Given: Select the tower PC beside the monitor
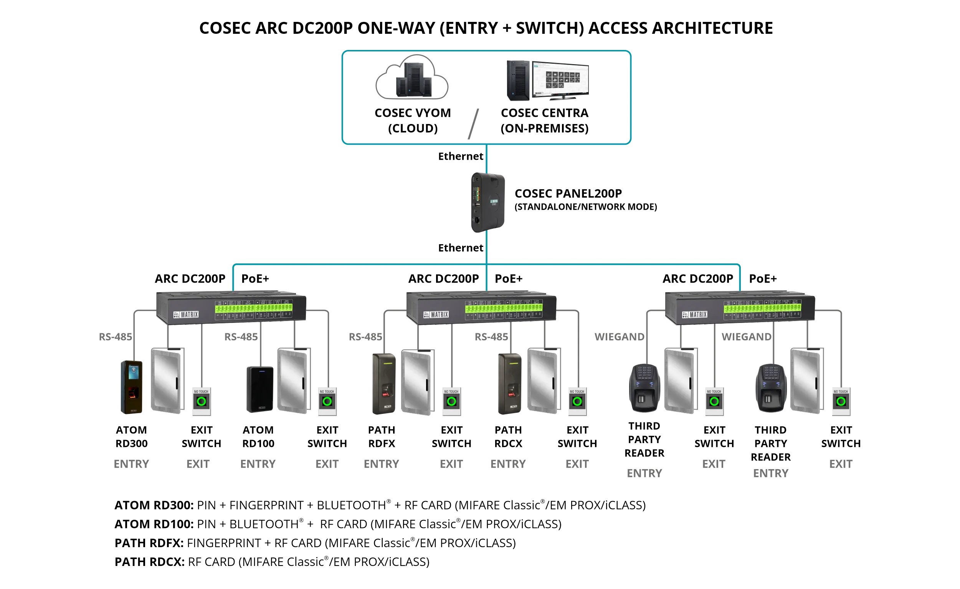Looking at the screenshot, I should [x=519, y=80].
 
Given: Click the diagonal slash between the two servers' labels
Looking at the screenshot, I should [x=474, y=124].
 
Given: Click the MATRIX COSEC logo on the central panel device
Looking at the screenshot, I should [x=494, y=202].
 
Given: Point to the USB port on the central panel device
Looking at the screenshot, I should [x=477, y=205].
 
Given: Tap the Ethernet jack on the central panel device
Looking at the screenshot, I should [x=477, y=220].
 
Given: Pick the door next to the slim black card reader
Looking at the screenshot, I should [x=292, y=380].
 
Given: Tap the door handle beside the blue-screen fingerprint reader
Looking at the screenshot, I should [x=177, y=383].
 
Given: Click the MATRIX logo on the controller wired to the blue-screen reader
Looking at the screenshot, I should [x=186, y=314].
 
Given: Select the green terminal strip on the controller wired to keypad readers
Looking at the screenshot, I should [x=762, y=308].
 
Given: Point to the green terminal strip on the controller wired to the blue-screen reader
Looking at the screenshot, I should [x=253, y=308].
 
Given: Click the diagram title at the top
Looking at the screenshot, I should [x=486, y=28].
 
